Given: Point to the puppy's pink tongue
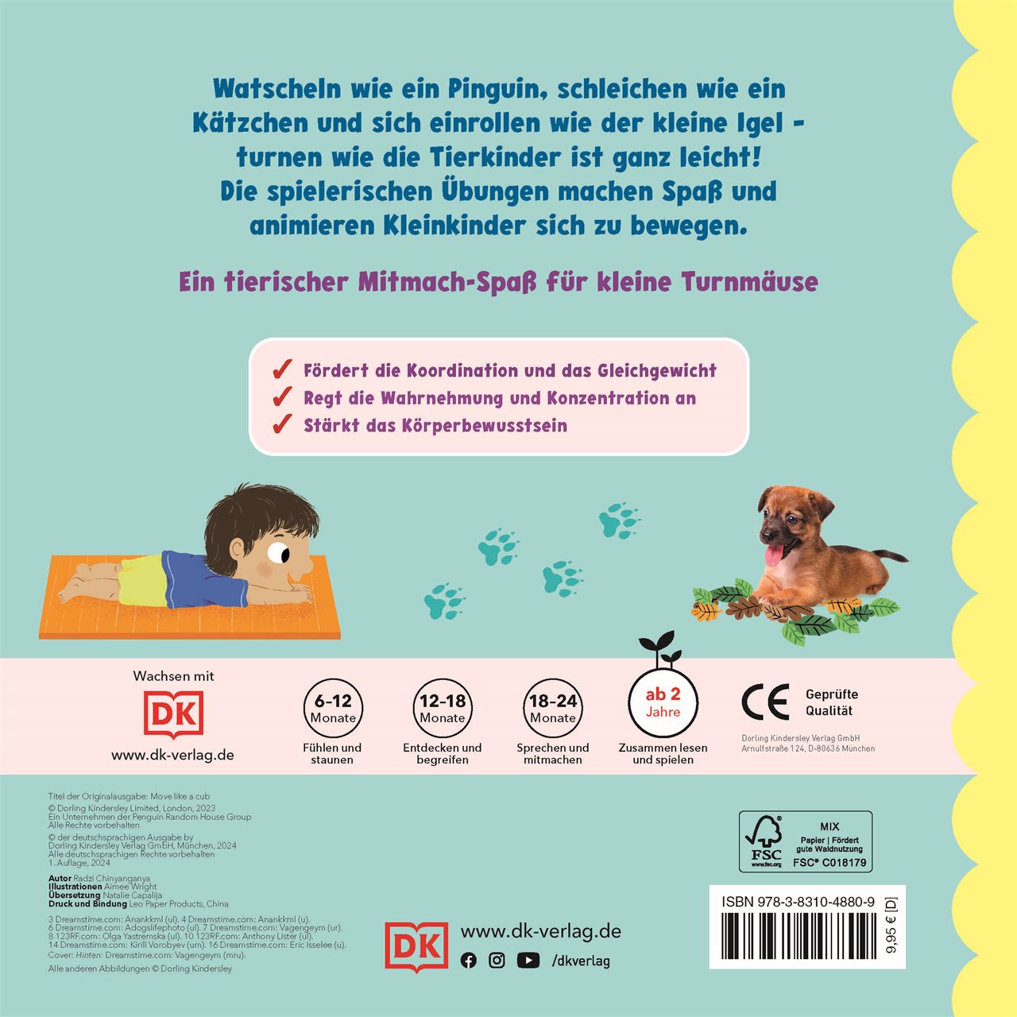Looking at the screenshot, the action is pos(773,555).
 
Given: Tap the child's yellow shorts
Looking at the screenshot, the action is pos(142,581).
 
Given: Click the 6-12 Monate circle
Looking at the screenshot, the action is pos(333,707).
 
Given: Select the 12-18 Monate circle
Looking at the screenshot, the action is pos(443,707).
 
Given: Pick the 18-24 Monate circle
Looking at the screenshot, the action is pos(552,707).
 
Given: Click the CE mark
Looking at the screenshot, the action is pos(765,702).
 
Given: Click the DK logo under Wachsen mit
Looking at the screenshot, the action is pos(174,714).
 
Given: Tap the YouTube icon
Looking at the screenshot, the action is pos(528,961).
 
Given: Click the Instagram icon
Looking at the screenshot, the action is pos(497,961).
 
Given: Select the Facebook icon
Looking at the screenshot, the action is pos(468,961).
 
